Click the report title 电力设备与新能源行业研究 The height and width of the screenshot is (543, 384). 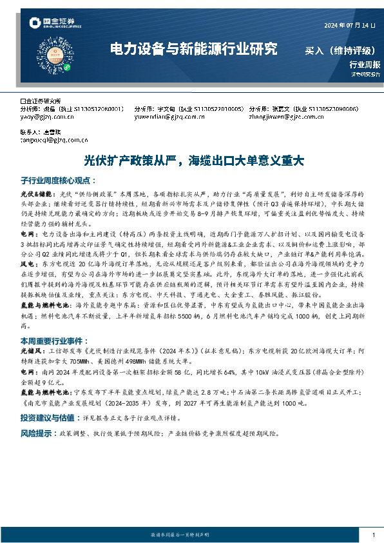point(193,49)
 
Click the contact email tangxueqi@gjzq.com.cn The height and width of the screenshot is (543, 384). point(54,139)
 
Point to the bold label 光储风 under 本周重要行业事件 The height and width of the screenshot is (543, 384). point(30,351)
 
